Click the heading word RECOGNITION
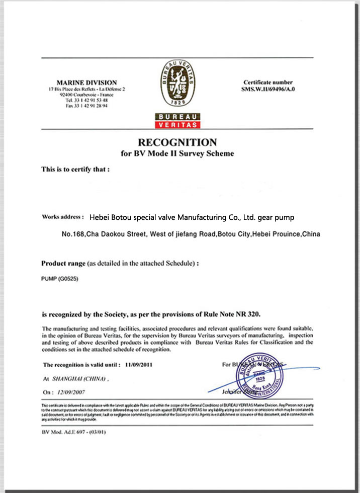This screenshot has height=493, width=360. [x=177, y=142]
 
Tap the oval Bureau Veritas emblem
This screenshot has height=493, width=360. [x=177, y=81]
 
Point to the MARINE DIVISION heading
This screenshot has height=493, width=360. [x=87, y=83]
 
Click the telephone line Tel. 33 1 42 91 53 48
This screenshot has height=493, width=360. [x=86, y=100]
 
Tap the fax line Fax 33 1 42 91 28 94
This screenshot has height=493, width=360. [x=86, y=106]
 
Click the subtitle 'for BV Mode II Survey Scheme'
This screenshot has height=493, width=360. [x=177, y=153]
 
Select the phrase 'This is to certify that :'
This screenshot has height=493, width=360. [x=75, y=170]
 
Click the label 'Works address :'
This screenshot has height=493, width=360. [x=63, y=217]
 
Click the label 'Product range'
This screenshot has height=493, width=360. [x=63, y=263]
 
